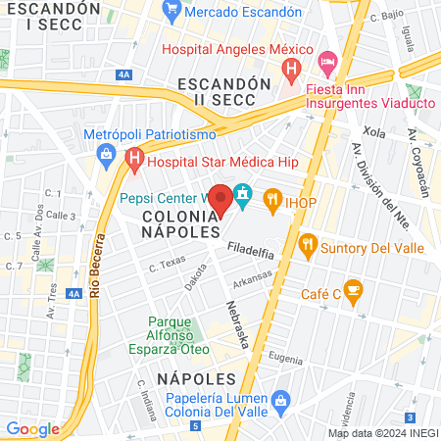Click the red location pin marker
[x=221, y=199]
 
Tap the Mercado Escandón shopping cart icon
[x=172, y=12]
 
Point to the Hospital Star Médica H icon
[x=134, y=157]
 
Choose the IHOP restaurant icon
[x=272, y=199]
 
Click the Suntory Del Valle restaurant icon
[x=308, y=243]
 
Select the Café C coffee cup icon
[x=353, y=289]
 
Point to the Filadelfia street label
[x=252, y=252]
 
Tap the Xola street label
[x=373, y=131]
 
